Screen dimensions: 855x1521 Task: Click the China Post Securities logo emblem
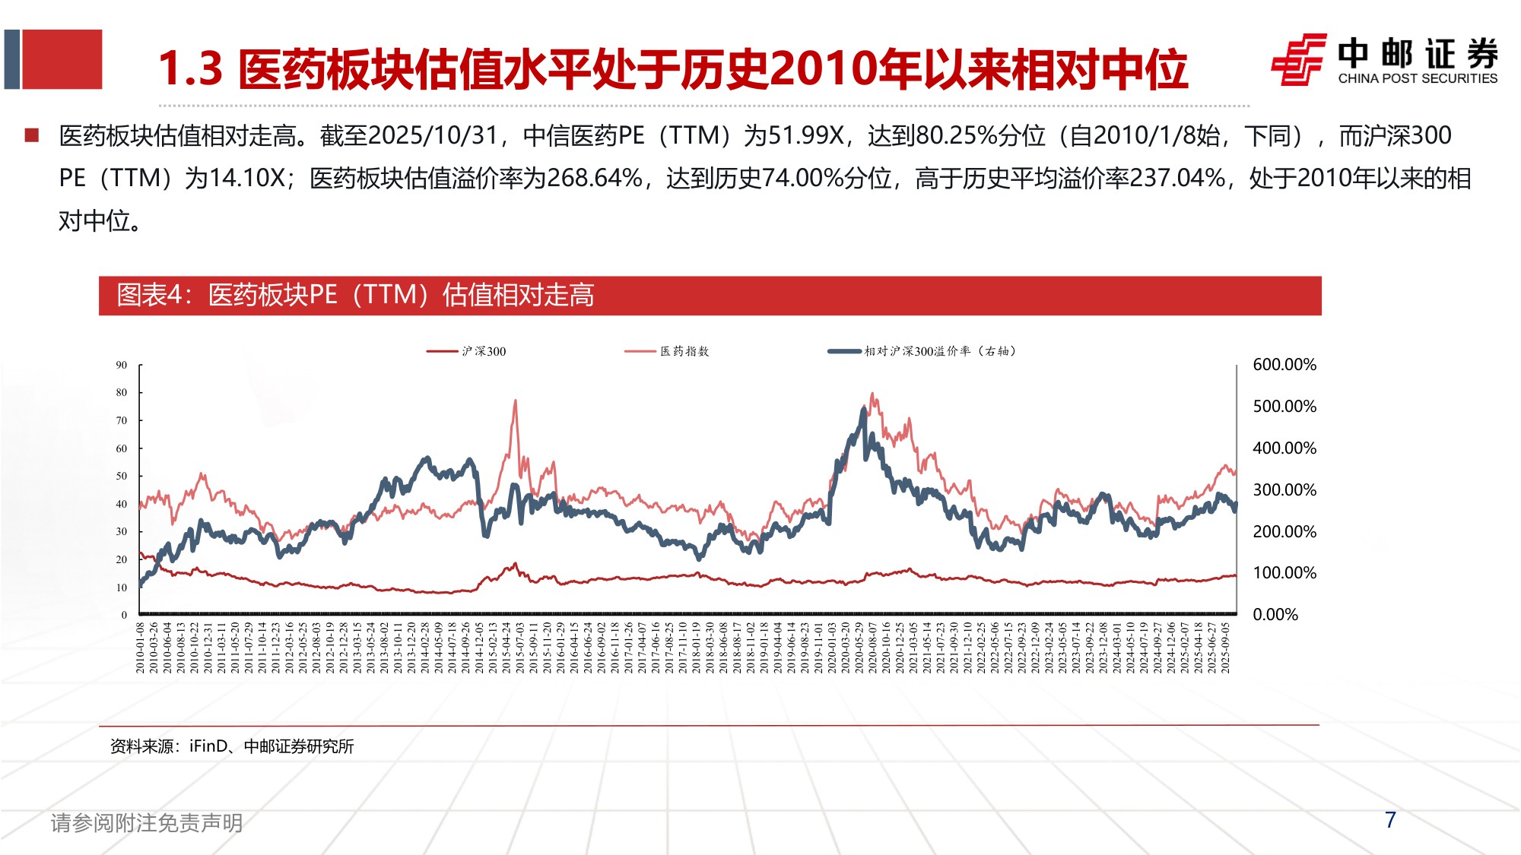(1299, 59)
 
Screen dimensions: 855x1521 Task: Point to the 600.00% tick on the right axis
(1284, 365)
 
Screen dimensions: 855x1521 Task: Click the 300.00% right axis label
(1284, 490)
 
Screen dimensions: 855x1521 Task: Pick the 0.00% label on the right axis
(1275, 615)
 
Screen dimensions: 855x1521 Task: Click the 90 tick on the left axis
(122, 366)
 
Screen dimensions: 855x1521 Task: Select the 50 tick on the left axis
(122, 477)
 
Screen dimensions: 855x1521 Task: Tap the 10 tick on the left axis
(122, 587)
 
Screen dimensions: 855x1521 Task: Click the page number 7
(1390, 820)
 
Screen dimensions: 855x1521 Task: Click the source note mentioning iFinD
(232, 746)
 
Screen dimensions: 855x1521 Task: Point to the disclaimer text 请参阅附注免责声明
(147, 822)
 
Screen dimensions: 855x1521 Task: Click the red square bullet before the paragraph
(32, 136)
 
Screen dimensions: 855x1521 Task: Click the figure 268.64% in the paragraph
(594, 179)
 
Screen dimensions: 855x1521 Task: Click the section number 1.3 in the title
(190, 69)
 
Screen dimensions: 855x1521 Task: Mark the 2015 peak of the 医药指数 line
(516, 401)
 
